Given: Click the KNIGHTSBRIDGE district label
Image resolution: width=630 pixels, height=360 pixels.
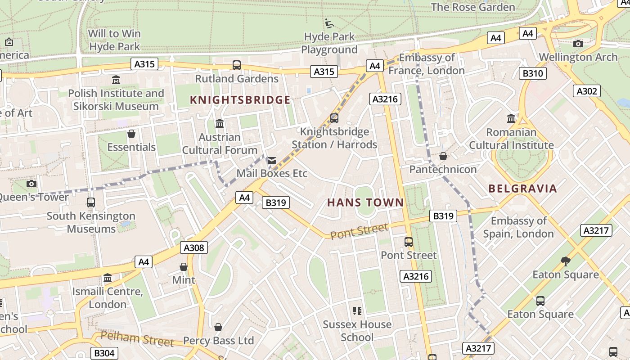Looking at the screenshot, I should point(240,100).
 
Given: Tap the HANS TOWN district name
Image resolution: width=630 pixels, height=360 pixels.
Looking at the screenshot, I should point(365,202).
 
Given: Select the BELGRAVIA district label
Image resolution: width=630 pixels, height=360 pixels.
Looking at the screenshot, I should point(522,189).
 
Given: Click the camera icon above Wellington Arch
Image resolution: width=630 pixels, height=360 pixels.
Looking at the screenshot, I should point(578,44).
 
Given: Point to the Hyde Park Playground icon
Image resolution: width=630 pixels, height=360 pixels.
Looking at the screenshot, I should point(329,23).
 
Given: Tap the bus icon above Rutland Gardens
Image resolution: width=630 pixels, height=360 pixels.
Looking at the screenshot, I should point(237,65).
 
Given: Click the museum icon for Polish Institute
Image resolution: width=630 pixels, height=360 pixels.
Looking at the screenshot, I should point(116,80).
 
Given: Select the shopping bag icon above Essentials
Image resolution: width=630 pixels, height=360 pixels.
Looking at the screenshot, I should point(131,134).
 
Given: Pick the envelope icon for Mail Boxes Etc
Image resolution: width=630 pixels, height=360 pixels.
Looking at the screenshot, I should point(272,161).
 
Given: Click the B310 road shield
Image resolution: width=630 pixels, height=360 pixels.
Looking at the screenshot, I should point(533,73).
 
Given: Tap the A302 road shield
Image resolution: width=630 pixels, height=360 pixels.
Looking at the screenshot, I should point(587,91).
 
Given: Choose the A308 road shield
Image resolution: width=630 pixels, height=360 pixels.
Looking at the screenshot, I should point(194,247).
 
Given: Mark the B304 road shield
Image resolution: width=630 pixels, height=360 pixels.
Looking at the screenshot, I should point(104,353).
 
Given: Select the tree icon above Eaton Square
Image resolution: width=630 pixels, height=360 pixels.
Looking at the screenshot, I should point(566,261).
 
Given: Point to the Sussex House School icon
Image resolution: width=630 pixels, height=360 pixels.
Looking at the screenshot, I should point(357,310).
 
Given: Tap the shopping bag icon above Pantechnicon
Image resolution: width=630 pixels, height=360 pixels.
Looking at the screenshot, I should point(443,156).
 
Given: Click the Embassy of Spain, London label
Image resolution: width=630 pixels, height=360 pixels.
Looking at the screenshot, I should point(518,227).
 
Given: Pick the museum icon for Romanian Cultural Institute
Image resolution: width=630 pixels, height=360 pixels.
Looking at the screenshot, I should point(511,119).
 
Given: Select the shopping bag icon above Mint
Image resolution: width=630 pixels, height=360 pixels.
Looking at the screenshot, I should point(184,267).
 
